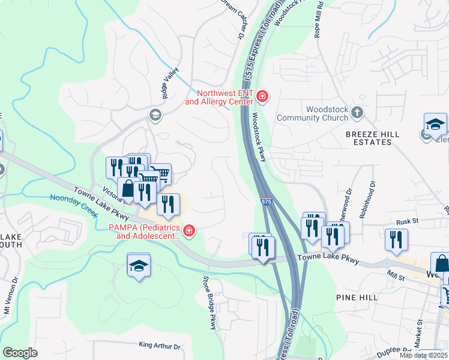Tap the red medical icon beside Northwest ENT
262,96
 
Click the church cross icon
357,112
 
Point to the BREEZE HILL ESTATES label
368,138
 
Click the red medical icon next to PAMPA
188,231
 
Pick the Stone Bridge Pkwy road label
208,302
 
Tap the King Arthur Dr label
159,346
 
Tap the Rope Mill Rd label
319,21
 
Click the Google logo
20,352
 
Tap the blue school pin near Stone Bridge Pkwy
139,266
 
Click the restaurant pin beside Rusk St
397,239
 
